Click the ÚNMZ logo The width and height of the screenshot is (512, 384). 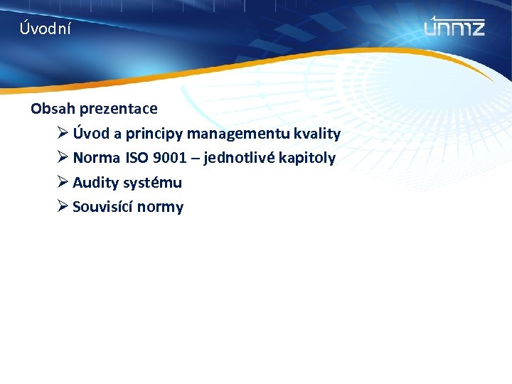click(454, 27)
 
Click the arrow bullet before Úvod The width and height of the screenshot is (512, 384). click(63, 134)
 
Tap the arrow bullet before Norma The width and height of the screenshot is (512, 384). click(63, 158)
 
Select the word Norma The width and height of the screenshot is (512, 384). click(97, 158)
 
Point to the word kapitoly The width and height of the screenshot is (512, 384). click(307, 158)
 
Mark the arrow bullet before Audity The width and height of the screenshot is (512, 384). click(63, 183)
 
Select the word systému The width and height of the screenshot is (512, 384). click(152, 183)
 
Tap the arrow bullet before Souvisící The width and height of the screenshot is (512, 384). click(63, 207)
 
